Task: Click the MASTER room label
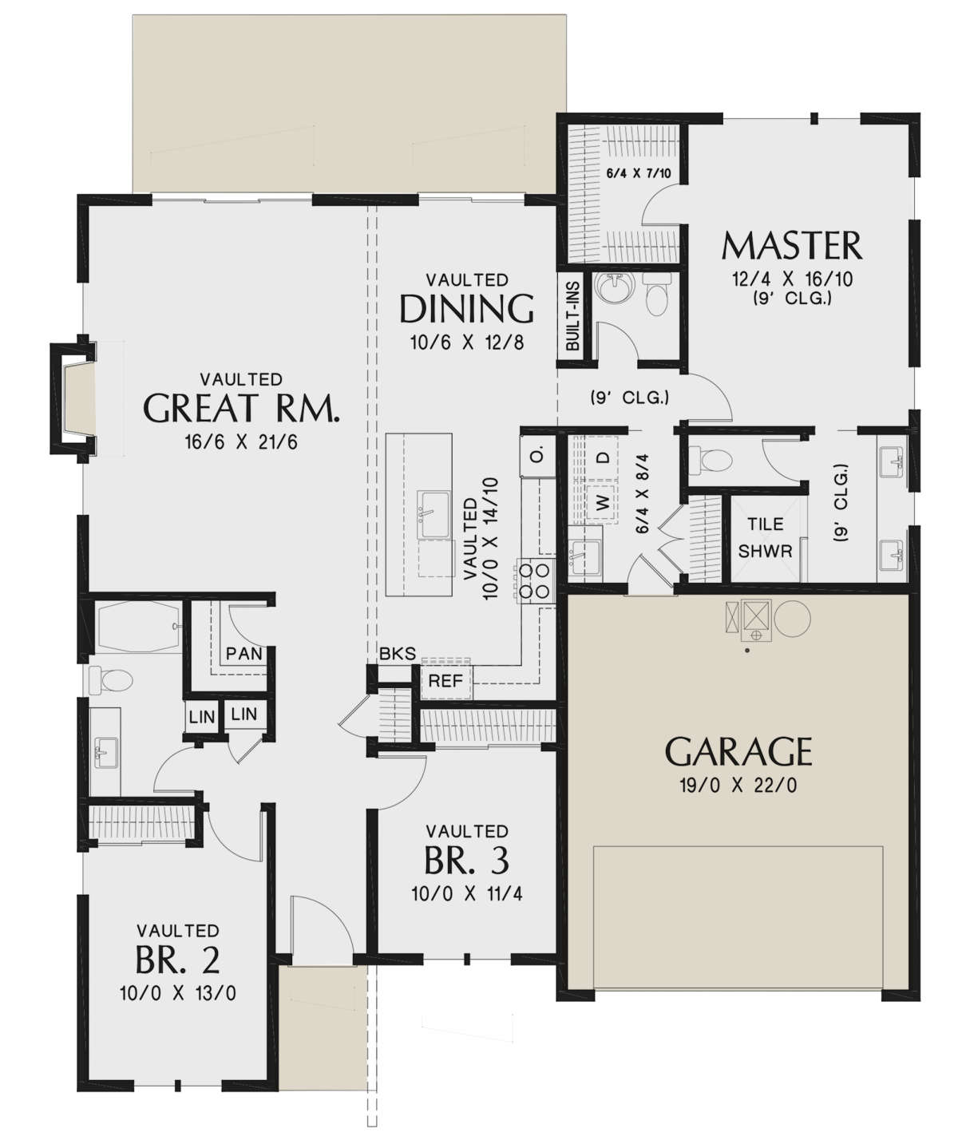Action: tap(791, 246)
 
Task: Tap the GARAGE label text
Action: tap(738, 752)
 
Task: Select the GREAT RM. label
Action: tap(241, 408)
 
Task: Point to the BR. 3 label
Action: tap(466, 861)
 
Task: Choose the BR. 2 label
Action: tap(177, 960)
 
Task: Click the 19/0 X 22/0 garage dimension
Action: tap(738, 786)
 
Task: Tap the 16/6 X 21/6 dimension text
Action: tap(241, 441)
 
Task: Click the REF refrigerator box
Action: tap(445, 682)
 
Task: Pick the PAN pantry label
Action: tap(243, 654)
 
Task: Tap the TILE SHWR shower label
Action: tap(765, 537)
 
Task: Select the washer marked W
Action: tap(603, 502)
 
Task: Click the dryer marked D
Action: tap(604, 457)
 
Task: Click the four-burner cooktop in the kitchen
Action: tap(535, 580)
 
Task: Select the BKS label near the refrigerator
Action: tap(397, 655)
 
